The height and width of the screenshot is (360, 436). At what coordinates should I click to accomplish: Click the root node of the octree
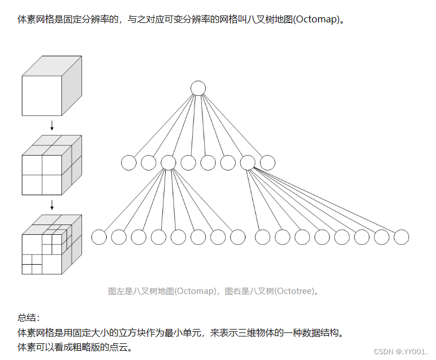click(x=198, y=88)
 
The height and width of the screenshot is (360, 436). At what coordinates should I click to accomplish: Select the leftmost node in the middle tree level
click(x=129, y=163)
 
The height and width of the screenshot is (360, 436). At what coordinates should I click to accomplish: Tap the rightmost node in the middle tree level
click(x=267, y=163)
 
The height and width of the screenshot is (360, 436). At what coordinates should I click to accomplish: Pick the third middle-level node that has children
click(x=169, y=163)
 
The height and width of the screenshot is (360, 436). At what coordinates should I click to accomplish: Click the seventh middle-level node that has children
click(x=248, y=163)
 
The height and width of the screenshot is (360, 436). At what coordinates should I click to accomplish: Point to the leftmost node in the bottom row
click(x=99, y=237)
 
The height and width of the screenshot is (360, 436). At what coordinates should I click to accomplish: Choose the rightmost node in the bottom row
click(x=402, y=237)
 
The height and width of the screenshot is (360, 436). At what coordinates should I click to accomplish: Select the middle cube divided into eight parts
click(x=51, y=167)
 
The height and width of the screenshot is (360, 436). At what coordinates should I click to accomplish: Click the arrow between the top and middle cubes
click(x=52, y=125)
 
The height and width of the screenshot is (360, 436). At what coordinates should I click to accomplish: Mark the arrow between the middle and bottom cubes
click(x=52, y=204)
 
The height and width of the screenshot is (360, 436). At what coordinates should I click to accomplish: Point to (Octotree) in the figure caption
click(x=295, y=291)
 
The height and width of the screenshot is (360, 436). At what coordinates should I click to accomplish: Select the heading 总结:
click(x=29, y=317)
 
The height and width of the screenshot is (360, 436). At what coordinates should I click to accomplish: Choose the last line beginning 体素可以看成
click(x=75, y=347)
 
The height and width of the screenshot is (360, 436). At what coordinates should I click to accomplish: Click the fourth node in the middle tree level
click(x=188, y=163)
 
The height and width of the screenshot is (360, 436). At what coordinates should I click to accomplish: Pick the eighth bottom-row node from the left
click(x=238, y=237)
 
